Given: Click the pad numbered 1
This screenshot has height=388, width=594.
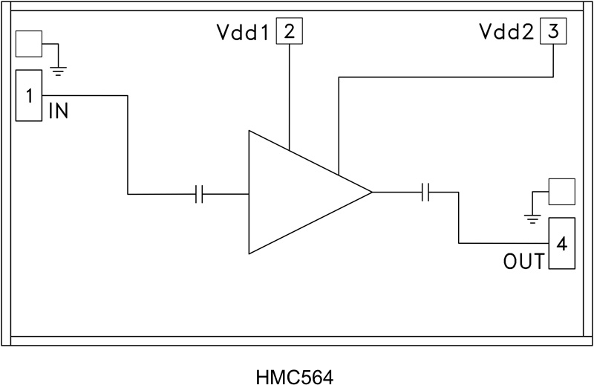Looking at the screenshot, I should pos(28,96).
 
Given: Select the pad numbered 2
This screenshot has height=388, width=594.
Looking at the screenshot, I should pos(289,32).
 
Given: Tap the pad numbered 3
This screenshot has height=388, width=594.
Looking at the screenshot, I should pos(553,32).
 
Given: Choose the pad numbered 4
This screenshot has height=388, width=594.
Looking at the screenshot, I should pos(561,243).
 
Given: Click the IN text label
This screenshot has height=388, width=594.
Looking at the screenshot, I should pos(59,112).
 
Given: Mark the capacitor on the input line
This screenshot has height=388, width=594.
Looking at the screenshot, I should pos(198,194).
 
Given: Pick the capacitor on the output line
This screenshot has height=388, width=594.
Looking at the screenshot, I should pos(426,193).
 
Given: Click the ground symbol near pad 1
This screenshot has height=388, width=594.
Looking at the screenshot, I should pos(58,70).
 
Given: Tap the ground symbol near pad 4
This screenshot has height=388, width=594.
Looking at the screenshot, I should pos(532,217).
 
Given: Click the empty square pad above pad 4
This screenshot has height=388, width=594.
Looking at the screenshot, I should pos(561,191).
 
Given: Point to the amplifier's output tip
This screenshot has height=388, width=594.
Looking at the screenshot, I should pos(370,193).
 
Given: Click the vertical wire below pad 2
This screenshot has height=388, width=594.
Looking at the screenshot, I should pos(289,97).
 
